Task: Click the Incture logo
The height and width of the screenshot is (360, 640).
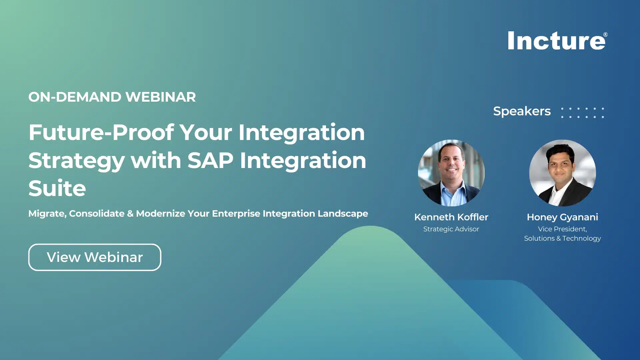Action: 556,41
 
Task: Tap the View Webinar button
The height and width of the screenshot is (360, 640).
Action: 95,257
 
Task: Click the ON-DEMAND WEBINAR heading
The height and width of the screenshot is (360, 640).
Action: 112,97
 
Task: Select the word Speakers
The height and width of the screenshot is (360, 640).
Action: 522,111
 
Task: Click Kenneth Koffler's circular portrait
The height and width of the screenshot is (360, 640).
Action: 451,173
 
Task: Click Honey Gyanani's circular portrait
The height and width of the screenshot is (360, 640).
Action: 562,173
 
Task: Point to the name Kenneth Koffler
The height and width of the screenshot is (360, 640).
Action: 451,217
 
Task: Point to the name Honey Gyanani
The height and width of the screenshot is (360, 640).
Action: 562,217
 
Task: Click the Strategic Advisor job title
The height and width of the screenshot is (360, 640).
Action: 451,229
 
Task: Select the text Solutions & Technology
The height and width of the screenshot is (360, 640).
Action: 562,239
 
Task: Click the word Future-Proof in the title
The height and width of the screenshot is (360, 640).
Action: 101,133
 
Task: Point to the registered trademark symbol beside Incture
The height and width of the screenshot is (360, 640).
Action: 605,35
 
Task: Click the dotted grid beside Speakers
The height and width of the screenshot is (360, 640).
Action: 582,113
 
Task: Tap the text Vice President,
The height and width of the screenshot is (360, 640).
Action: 562,229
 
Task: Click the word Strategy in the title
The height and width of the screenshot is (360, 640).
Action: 76,161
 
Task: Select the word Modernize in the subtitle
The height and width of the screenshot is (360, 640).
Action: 160,214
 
